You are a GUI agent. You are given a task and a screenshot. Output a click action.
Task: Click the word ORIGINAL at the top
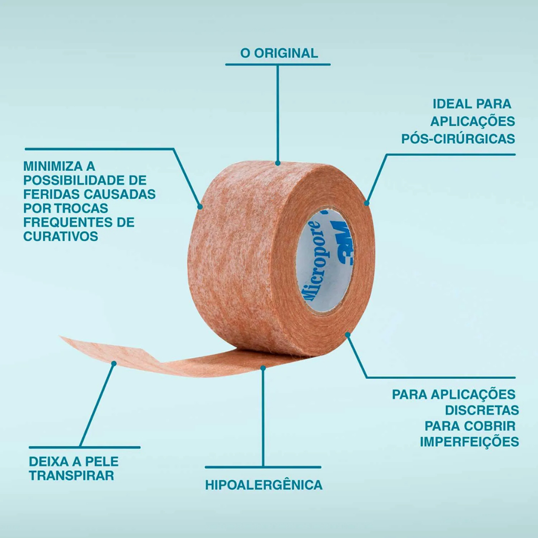pos(286,53)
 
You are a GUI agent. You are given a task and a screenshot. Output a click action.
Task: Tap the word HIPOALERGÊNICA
pos(264,484)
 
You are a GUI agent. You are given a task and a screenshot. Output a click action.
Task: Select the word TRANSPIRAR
pos(71,475)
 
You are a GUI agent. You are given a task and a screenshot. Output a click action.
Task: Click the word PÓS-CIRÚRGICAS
pos(458,139)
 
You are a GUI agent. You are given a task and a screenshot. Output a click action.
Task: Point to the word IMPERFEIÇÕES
pos(469,442)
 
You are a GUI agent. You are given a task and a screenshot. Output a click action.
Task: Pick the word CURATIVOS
pos(61,236)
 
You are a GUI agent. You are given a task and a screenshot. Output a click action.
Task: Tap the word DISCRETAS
pos(482,410)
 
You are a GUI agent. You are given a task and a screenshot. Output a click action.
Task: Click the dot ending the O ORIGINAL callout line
pos(277,163)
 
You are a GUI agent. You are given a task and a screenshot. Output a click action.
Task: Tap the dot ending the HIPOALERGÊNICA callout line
pos(263,368)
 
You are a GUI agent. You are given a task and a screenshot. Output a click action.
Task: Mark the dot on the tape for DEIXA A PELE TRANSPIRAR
pos(114,364)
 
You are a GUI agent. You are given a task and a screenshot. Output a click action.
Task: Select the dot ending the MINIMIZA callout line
pos(200,207)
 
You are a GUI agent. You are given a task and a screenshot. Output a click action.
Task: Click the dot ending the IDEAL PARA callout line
pos(367,203)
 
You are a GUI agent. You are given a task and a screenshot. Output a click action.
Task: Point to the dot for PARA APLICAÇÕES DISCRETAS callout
pos(348,335)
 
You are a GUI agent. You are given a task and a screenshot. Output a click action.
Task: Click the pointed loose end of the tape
pos(60,337)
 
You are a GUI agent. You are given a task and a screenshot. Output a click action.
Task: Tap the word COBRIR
pos(494,426)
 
